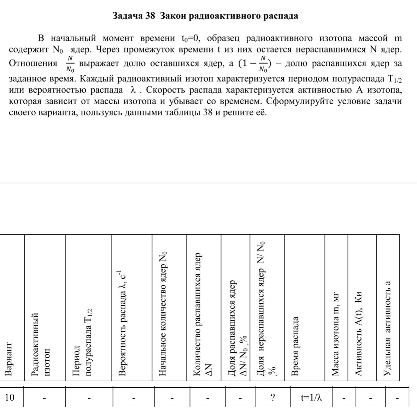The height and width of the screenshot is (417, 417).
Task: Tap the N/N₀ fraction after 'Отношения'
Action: tap(70, 64)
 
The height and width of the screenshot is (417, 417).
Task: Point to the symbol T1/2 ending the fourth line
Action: tap(395, 79)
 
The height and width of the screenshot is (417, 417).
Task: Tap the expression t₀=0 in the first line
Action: tap(191, 39)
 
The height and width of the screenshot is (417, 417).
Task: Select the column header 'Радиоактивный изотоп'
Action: tap(40, 343)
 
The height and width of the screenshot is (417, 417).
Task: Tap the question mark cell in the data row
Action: tap(272, 397)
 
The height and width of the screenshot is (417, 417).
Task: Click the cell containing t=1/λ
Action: tap(311, 397)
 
